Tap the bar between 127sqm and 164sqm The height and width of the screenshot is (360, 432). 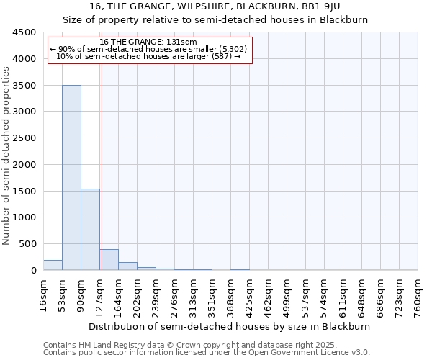[109, 259]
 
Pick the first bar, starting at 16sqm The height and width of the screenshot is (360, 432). [53, 265]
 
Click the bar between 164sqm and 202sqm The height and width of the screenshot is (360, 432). [127, 266]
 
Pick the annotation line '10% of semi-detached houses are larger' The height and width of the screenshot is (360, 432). [148, 56]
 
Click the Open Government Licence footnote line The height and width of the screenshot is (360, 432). [207, 352]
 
